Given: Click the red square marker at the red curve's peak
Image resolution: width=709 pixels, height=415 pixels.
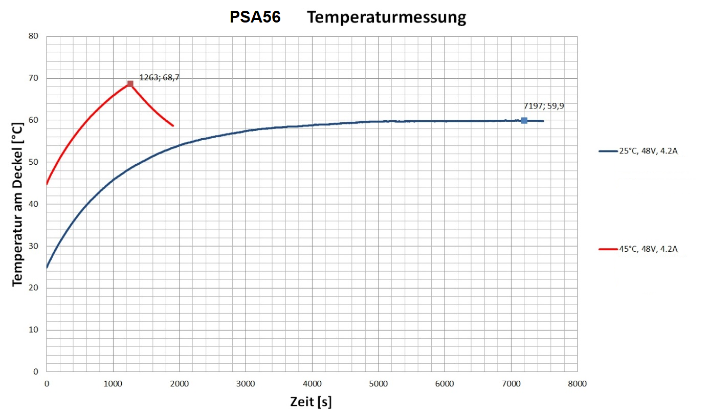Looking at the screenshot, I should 130,84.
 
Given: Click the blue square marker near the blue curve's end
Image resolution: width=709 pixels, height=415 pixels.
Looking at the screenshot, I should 524,120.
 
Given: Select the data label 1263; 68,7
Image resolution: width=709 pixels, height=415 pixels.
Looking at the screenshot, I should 160,78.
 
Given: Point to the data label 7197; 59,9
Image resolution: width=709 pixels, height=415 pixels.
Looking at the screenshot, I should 543,106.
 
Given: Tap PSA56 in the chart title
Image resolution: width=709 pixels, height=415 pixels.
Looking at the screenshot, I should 255,17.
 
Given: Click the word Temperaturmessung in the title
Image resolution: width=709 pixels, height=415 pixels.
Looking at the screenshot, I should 387,17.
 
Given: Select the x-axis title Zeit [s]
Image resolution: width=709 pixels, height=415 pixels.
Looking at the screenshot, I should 311,402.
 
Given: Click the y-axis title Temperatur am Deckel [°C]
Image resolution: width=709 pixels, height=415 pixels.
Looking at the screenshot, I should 18,204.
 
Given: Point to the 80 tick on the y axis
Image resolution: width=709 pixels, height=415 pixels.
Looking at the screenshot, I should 34,36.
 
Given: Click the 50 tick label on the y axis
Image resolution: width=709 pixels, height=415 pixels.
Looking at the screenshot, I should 34,162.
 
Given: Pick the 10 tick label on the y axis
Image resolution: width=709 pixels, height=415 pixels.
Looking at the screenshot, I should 34,330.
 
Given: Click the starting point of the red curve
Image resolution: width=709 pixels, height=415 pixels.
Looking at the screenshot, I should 47,183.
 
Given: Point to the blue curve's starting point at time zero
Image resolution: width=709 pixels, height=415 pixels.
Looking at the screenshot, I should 47,267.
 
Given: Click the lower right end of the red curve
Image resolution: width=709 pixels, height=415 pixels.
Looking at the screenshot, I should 173,125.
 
